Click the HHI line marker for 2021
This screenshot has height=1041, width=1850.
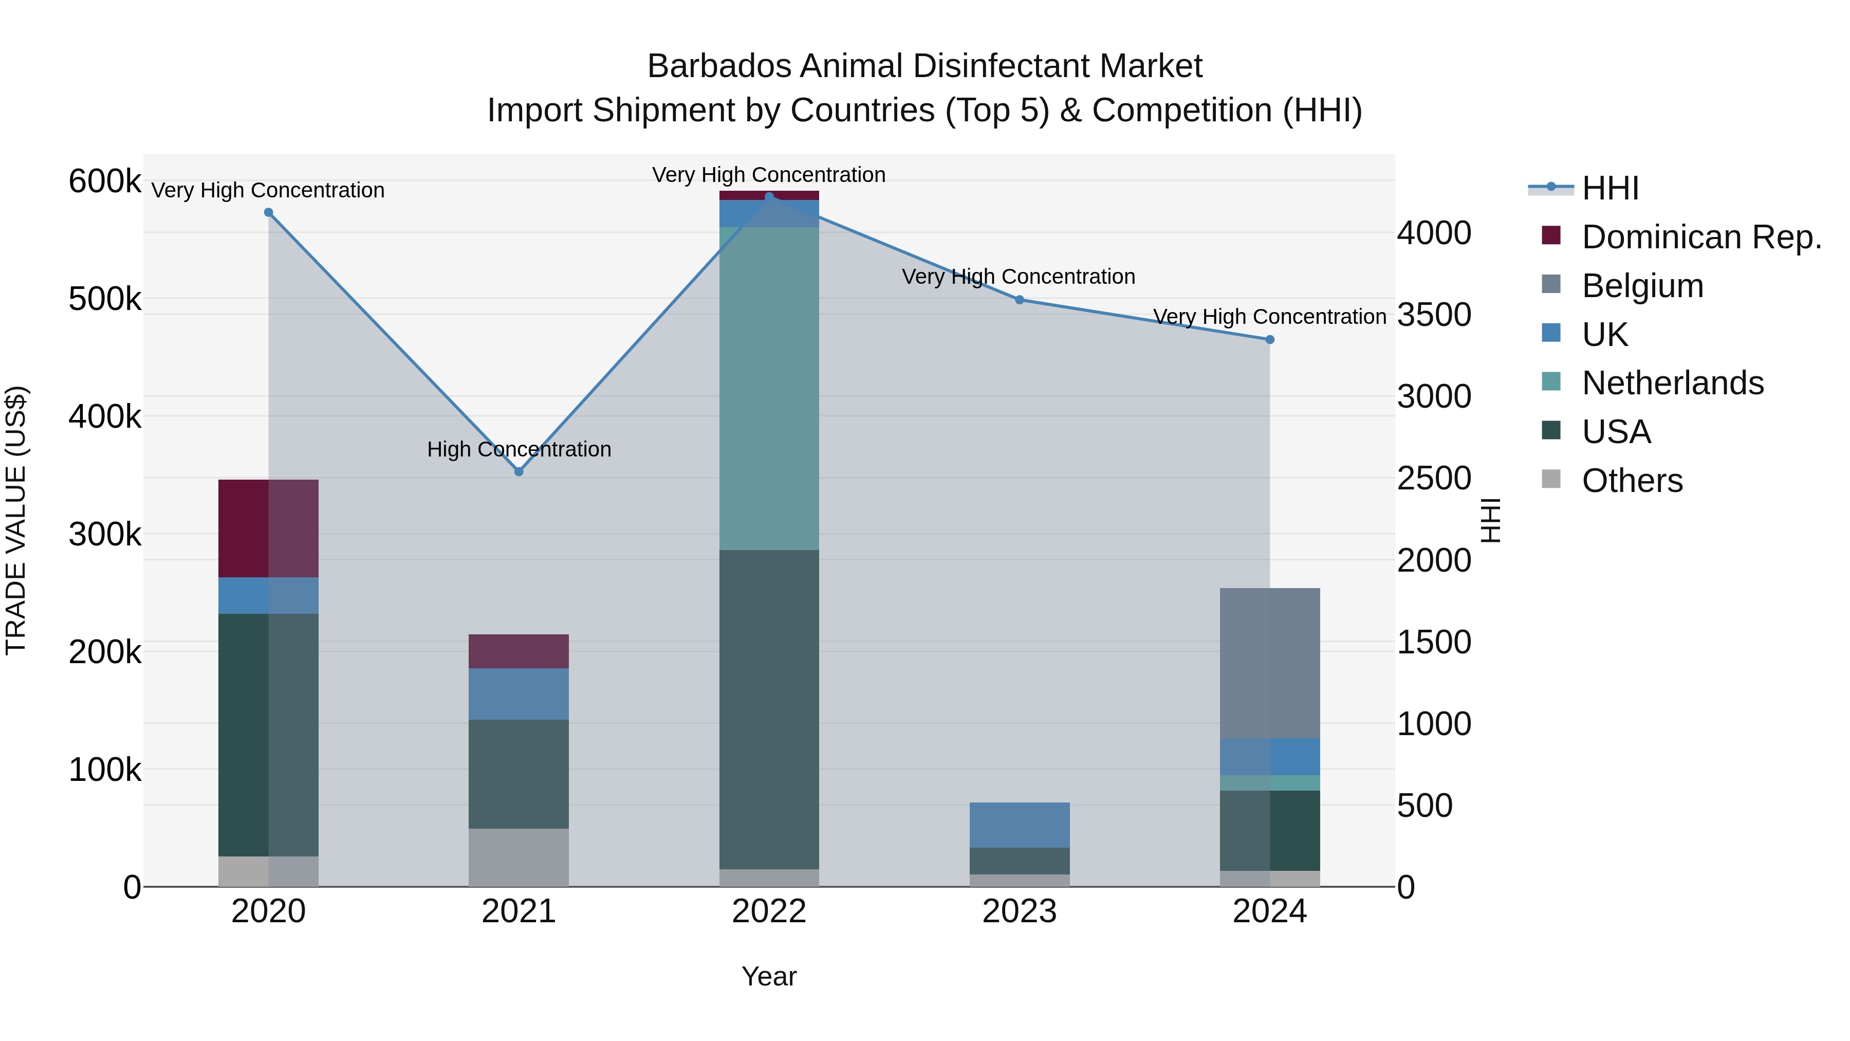pyautogui.click(x=519, y=471)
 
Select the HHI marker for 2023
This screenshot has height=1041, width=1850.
pyautogui.click(x=1019, y=300)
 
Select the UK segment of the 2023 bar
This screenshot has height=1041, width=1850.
pyautogui.click(x=1019, y=825)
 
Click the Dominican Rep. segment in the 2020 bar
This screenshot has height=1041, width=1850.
pyautogui.click(x=268, y=528)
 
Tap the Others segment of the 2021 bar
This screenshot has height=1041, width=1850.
pyautogui.click(x=519, y=857)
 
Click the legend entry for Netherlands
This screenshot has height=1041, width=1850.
pyautogui.click(x=1672, y=383)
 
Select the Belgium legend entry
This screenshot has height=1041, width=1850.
pyautogui.click(x=1642, y=286)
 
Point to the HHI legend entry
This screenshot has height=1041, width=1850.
pyautogui.click(x=1609, y=188)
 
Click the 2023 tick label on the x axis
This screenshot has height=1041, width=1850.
pyautogui.click(x=1019, y=911)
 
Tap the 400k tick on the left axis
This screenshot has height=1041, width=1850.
pyautogui.click(x=105, y=417)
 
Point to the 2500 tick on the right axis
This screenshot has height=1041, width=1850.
pyautogui.click(x=1433, y=479)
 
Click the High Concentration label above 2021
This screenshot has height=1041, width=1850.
pyautogui.click(x=519, y=449)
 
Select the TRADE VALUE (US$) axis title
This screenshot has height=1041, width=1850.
pyautogui.click(x=16, y=520)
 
